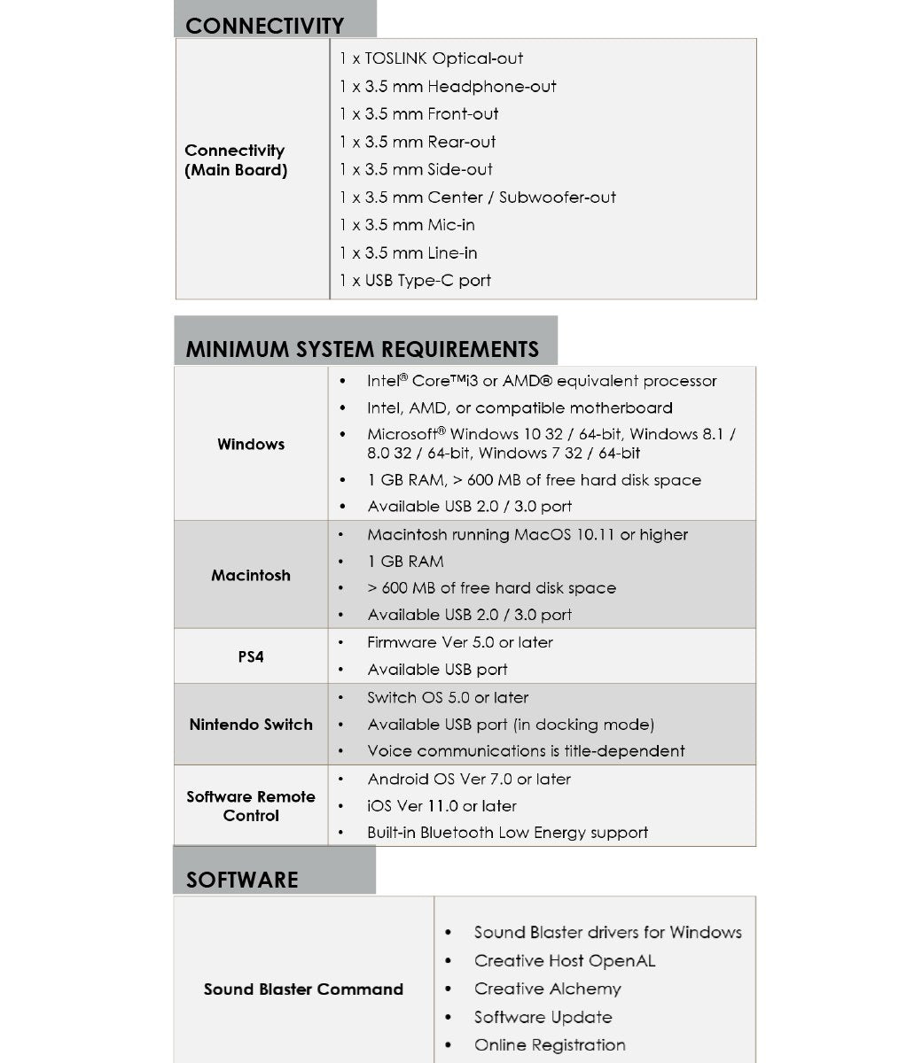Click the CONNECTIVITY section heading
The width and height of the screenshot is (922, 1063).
click(264, 26)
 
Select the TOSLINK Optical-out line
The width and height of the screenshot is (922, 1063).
click(432, 58)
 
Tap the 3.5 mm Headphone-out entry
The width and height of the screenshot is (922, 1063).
click(448, 87)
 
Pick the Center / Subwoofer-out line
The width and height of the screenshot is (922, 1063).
click(478, 198)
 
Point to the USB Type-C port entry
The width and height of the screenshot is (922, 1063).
click(415, 281)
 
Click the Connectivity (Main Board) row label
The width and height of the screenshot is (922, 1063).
click(236, 160)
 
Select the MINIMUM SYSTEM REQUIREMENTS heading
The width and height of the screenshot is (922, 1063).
click(362, 349)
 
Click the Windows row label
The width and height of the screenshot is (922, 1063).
click(251, 444)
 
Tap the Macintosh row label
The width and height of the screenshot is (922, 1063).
click(251, 575)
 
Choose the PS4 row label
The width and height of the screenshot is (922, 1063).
click(251, 656)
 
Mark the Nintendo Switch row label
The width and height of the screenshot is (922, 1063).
click(251, 725)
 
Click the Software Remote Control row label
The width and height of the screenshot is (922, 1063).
click(251, 806)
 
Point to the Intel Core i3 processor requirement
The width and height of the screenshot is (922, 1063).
click(542, 381)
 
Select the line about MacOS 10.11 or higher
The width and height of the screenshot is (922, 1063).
click(527, 535)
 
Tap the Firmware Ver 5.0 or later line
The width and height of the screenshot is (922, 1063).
click(460, 643)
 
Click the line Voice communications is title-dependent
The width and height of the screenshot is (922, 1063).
click(526, 751)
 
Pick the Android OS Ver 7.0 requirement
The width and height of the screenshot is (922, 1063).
click(469, 780)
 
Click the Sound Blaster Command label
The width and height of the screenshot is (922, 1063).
click(303, 989)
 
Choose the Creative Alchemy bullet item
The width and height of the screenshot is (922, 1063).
click(547, 989)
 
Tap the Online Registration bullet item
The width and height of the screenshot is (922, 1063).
click(550, 1045)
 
